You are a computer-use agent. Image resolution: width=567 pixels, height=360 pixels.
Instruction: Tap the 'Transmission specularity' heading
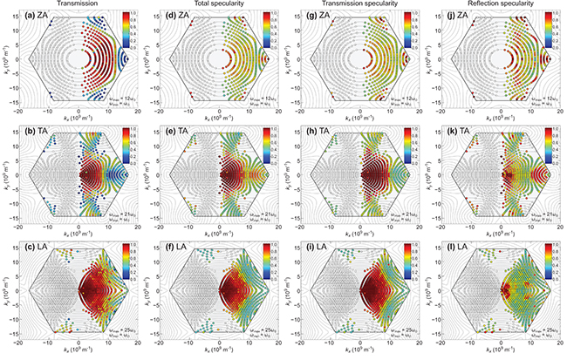(361, 4)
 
